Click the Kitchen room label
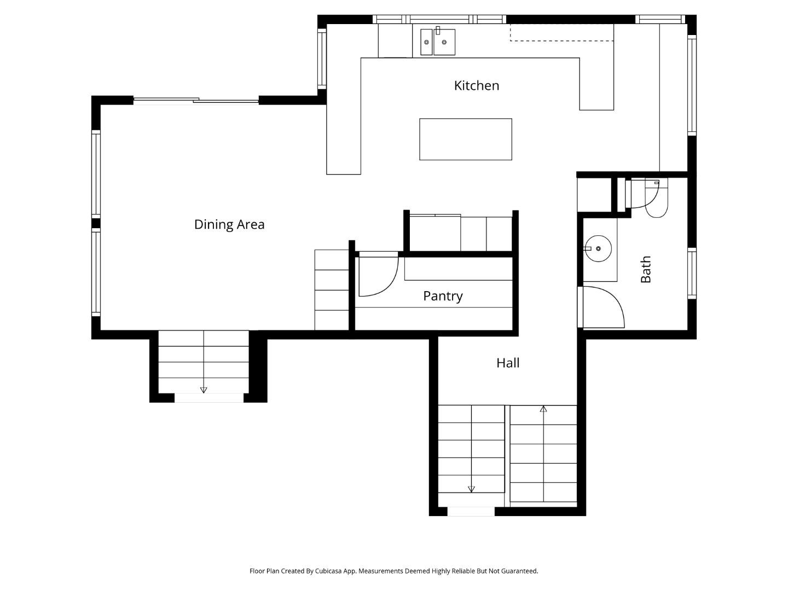(x=476, y=85)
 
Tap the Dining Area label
(x=229, y=224)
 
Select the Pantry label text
(x=443, y=296)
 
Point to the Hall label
(x=507, y=363)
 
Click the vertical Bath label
(x=646, y=269)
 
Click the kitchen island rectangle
(x=465, y=139)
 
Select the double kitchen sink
(x=438, y=42)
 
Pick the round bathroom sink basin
(x=598, y=248)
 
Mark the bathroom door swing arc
(x=605, y=306)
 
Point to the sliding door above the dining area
(x=196, y=100)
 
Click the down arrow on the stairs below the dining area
(x=204, y=390)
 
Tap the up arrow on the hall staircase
(x=543, y=409)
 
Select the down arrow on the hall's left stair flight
(x=471, y=489)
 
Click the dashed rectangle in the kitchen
(x=561, y=33)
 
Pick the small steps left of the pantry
(x=332, y=290)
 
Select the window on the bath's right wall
(x=692, y=273)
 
